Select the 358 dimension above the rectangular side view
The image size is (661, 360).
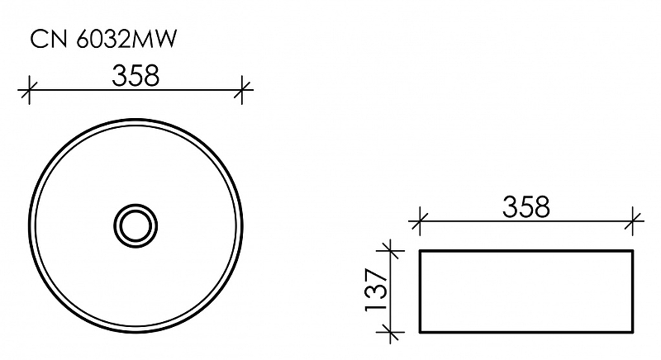(525, 207)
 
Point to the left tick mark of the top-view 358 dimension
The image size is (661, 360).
(29, 88)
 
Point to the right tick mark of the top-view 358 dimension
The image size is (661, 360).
(242, 88)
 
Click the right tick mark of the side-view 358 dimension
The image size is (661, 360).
(634, 220)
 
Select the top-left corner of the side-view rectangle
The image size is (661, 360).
(421, 249)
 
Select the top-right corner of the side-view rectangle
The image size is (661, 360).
(634, 249)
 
